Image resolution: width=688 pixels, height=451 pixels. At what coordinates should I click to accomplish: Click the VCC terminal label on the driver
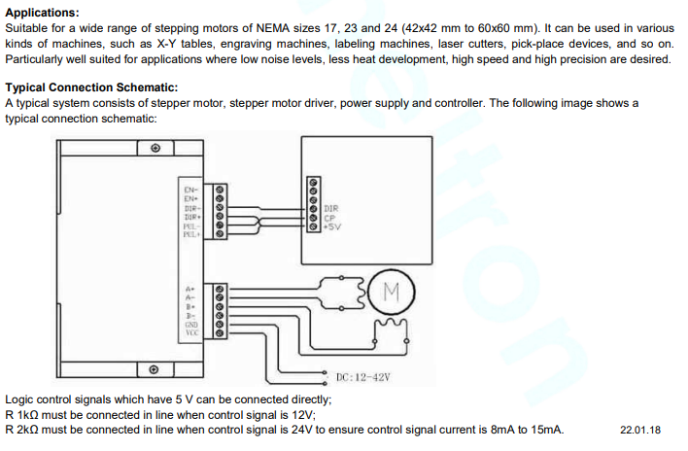pyautogui.click(x=191, y=333)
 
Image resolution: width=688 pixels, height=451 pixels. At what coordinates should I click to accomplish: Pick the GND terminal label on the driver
pyautogui.click(x=191, y=325)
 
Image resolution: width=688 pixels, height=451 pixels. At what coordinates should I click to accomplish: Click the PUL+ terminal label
pyautogui.click(x=190, y=233)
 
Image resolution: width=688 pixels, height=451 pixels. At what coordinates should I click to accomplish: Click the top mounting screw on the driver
pyautogui.click(x=155, y=148)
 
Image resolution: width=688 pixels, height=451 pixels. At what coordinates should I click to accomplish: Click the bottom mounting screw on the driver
pyautogui.click(x=155, y=370)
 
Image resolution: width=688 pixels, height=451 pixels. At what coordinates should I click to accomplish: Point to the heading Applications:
pyautogui.click(x=42, y=13)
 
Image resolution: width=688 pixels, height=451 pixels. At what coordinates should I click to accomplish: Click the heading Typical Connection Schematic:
pyautogui.click(x=91, y=87)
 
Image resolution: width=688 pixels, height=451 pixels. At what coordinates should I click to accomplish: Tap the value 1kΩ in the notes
pyautogui.click(x=29, y=415)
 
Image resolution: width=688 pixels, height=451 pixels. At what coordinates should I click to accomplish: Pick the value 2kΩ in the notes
pyautogui.click(x=29, y=430)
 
